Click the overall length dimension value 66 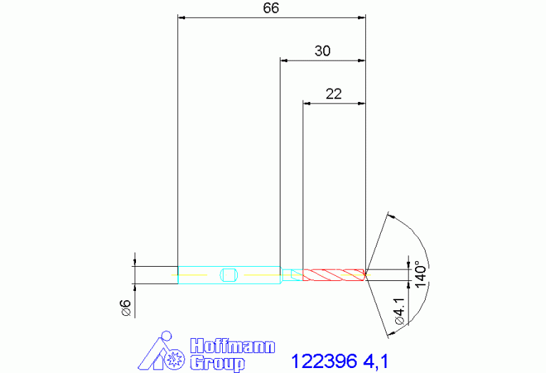click(x=271, y=8)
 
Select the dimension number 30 click(x=322, y=51)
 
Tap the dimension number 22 click(x=334, y=93)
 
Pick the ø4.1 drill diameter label click(x=400, y=312)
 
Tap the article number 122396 click(x=325, y=359)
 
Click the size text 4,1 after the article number click(x=378, y=359)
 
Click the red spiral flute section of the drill click(x=333, y=274)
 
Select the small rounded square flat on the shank click(x=228, y=275)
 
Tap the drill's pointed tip click(x=367, y=274)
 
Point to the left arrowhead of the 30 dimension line click(x=284, y=61)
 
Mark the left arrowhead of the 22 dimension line click(x=307, y=103)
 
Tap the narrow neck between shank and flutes click(x=292, y=274)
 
